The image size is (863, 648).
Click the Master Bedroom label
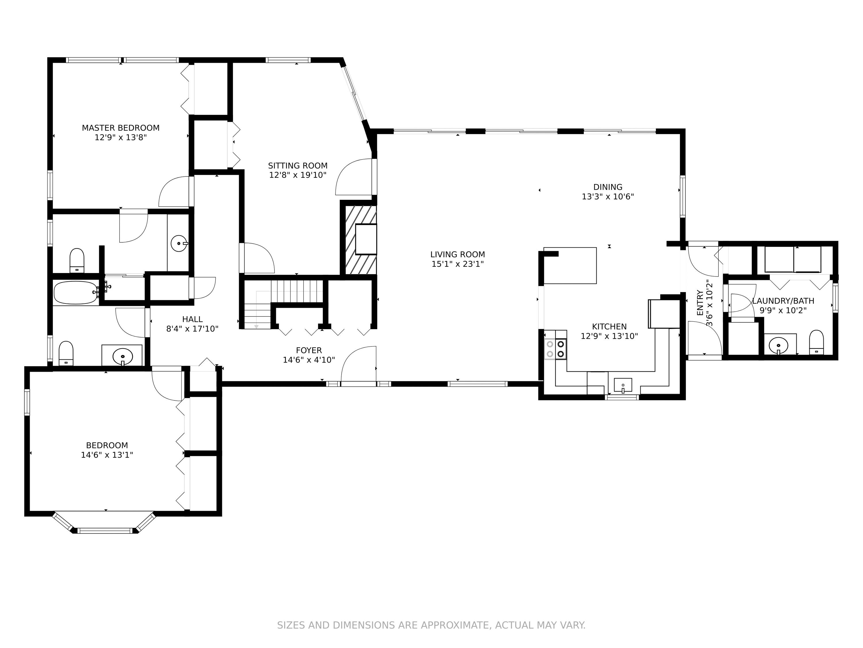(x=121, y=128)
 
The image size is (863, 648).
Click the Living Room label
(x=457, y=254)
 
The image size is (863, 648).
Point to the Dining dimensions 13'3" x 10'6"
(x=608, y=196)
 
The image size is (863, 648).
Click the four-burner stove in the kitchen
(x=555, y=349)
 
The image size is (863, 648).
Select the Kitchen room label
(x=609, y=327)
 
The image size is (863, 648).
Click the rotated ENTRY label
(x=700, y=303)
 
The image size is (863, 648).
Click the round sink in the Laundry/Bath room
(x=778, y=345)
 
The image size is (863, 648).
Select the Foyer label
(x=309, y=350)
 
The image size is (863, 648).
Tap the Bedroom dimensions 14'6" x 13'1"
(x=107, y=455)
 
